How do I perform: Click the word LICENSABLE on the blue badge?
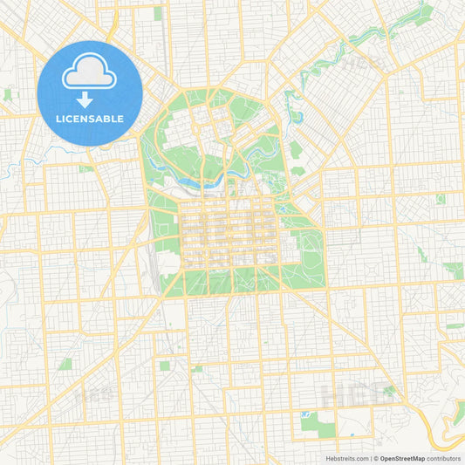point(90,118)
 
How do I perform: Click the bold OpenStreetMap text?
point(401,457)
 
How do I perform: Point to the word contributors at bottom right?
point(443,457)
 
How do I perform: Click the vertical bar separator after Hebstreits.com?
point(369,457)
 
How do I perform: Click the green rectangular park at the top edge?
point(158,13)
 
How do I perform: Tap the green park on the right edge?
point(454,270)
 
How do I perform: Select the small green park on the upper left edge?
point(8,93)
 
